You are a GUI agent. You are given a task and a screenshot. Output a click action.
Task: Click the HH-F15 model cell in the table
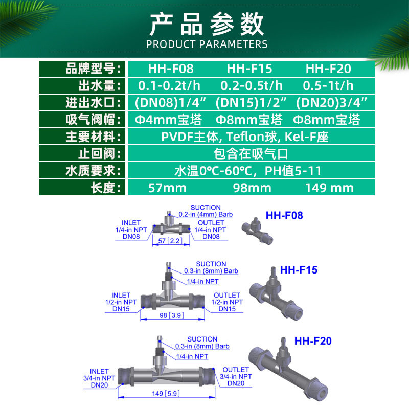coord(249,69)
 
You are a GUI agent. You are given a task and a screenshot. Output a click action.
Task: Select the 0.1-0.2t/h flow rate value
coord(169,86)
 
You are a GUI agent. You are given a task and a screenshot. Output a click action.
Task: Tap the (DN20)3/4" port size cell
coord(331,103)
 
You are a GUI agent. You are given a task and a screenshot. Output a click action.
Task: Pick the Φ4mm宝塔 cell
coord(168,120)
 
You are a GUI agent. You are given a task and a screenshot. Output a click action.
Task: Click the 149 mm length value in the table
coord(329,188)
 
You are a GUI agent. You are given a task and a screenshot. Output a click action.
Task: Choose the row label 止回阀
coord(96,154)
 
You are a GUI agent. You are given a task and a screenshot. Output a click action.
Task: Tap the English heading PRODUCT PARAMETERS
coord(207,44)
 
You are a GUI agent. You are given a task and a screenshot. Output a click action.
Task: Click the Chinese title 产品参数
coord(207,24)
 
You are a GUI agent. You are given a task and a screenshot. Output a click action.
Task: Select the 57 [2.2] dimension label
coord(170,241)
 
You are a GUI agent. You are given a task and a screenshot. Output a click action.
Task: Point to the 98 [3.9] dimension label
coord(172,315)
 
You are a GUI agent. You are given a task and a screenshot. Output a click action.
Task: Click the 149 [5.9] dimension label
coord(166,393)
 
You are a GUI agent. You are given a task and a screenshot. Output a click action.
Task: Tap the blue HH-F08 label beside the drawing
coord(284,215)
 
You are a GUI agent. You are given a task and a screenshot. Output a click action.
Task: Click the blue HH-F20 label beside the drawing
coord(313,341)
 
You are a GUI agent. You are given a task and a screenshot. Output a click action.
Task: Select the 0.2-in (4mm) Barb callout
coord(206,214)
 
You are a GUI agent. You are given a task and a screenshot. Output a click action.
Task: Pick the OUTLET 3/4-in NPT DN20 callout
coord(236,376)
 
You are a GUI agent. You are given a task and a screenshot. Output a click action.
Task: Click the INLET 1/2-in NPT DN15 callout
coord(121,302)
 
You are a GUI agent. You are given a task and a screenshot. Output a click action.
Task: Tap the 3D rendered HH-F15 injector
coord(276,293)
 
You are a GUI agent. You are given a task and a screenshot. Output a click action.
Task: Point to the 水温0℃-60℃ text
coord(213,171)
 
